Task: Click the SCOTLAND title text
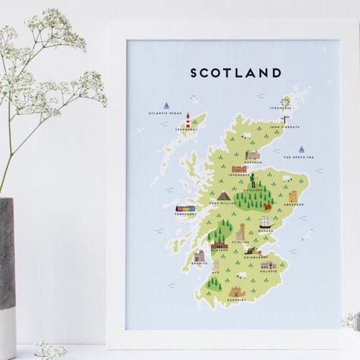point(235,73)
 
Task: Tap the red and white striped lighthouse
point(188,121)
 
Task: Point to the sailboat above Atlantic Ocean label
point(166,105)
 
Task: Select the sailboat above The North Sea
point(301,150)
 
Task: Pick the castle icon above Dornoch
point(252,155)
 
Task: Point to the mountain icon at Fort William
point(224,196)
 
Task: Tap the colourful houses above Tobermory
point(185,208)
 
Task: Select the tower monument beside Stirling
point(240,232)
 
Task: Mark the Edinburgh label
point(256,257)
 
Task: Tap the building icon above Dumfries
point(237,292)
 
